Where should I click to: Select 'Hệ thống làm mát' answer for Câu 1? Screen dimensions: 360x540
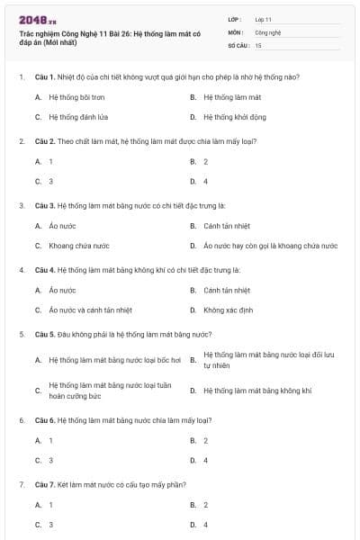[x=232, y=96]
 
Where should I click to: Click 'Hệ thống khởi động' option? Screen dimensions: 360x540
[x=234, y=117]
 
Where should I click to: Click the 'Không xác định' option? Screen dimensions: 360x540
[x=229, y=310]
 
